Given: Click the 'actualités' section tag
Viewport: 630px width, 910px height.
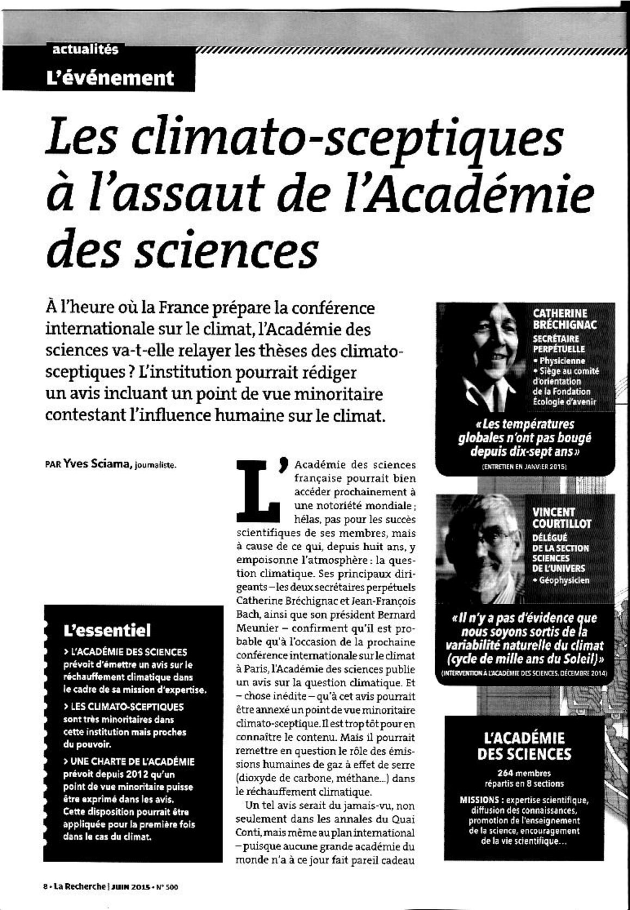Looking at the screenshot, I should pos(85,50).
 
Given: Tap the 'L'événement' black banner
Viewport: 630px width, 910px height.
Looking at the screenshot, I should pos(110,78).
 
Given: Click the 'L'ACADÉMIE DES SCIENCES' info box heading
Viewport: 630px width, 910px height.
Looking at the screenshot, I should pos(524,746).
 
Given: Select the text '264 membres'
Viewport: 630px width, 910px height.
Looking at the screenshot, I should pos(524,773).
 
